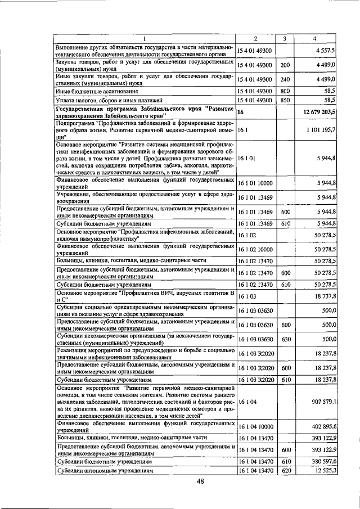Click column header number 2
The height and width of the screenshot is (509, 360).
(255, 39)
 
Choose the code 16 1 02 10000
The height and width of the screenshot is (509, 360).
(256, 249)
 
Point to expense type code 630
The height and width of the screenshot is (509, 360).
(285, 339)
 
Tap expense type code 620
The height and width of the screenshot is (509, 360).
(285, 470)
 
